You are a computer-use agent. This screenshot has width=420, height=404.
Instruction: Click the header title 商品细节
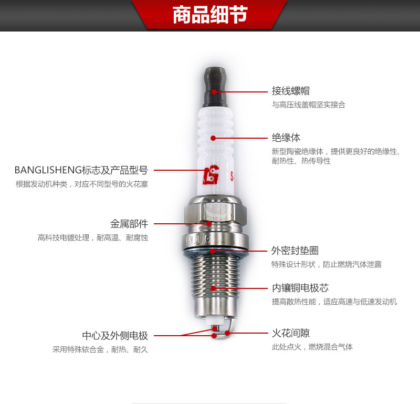(210, 15)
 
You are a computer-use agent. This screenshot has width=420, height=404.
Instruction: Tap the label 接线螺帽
(291, 91)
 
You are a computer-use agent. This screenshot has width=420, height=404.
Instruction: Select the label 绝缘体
(286, 138)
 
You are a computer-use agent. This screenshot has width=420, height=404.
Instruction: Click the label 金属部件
(129, 224)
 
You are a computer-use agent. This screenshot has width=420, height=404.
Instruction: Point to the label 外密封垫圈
(295, 251)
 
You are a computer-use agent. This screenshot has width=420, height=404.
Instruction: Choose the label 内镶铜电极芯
(300, 288)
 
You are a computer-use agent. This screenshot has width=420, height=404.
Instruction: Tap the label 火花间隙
(291, 333)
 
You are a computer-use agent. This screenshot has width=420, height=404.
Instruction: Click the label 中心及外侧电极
(115, 335)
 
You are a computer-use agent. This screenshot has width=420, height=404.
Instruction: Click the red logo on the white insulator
(211, 175)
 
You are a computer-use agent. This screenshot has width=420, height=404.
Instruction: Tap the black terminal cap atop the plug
(216, 87)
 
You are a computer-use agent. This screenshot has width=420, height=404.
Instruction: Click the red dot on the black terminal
(214, 92)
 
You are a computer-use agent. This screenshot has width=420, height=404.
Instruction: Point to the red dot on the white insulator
(213, 138)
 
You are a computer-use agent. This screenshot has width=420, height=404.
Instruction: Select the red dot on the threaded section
(213, 288)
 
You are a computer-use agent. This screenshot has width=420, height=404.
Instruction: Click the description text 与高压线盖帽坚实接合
(309, 105)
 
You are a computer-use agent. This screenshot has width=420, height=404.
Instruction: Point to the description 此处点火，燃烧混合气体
(312, 347)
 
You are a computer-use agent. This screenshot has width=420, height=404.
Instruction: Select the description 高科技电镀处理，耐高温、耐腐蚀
(93, 237)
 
